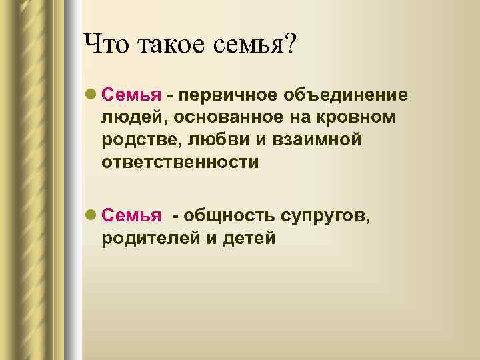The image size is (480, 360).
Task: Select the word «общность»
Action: click(231, 215)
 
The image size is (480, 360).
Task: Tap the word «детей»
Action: click(249, 238)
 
